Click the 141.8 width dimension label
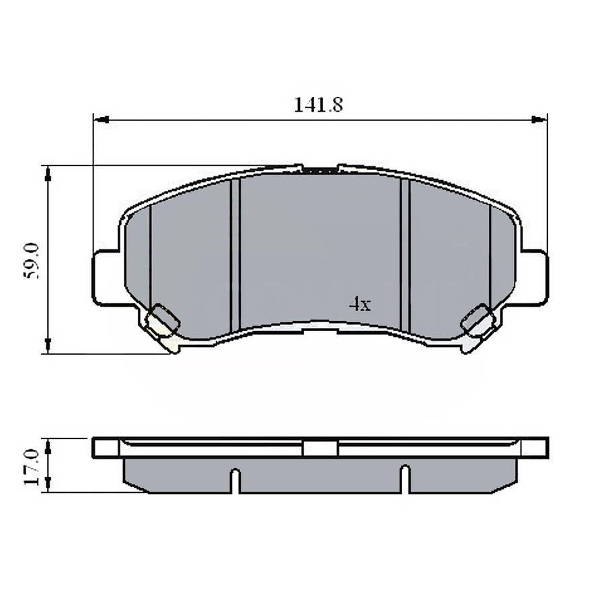click(x=318, y=105)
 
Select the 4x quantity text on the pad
click(x=360, y=304)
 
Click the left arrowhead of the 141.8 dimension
click(x=101, y=120)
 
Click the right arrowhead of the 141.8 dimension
click(x=539, y=120)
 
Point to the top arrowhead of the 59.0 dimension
click(x=47, y=173)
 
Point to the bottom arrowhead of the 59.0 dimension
click(x=47, y=346)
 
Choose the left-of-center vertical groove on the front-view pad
click(x=235, y=256)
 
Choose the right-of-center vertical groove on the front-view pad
click(x=405, y=256)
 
